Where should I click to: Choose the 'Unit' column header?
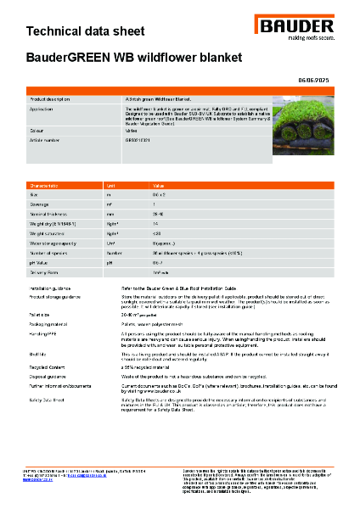click(x=110, y=184)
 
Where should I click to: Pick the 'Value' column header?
click(x=159, y=184)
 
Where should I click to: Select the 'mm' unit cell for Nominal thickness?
click(x=110, y=214)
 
